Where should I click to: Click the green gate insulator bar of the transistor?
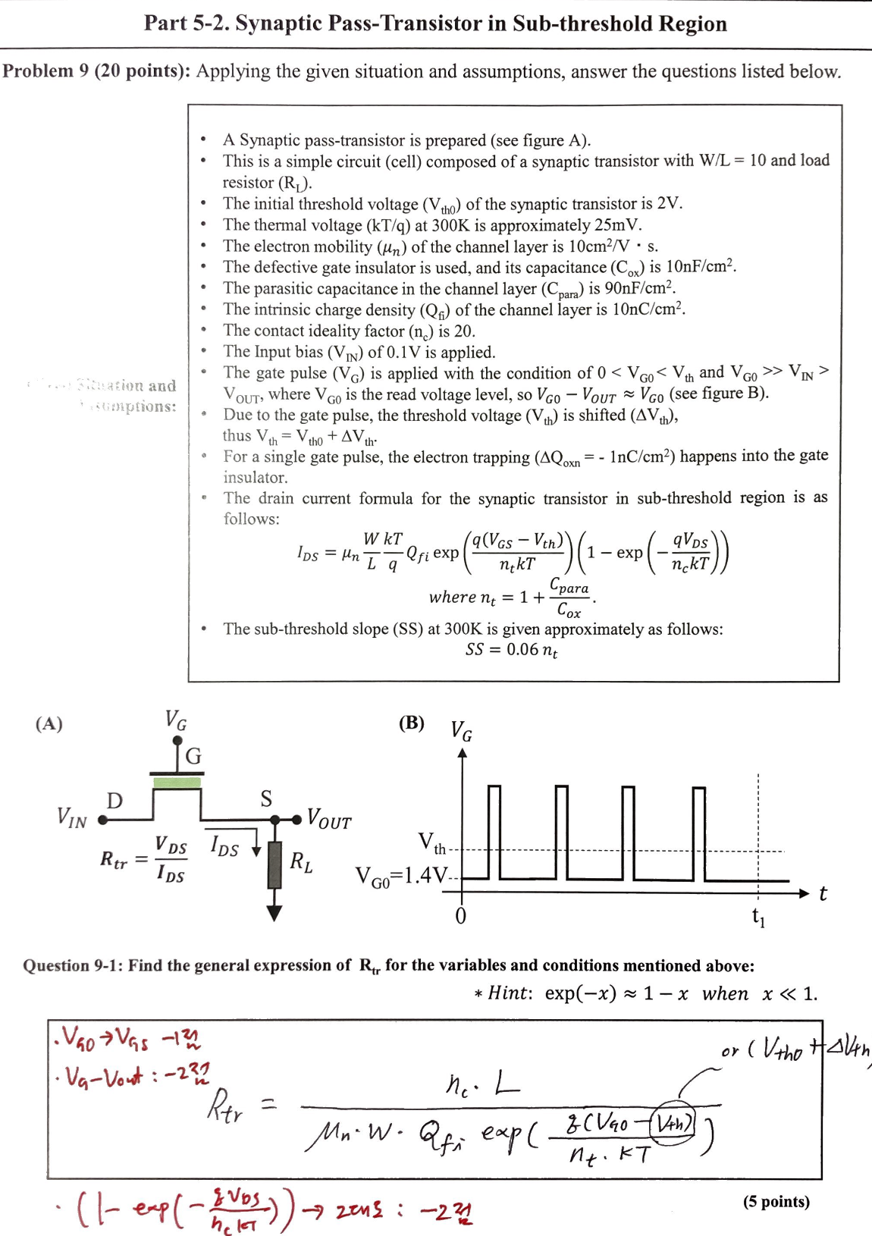pyautogui.click(x=177, y=782)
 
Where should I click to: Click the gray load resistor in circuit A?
pyautogui.click(x=274, y=864)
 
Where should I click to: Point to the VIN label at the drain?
pyautogui.click(x=72, y=817)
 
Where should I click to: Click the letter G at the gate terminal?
pyautogui.click(x=193, y=756)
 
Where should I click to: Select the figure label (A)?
pyautogui.click(x=49, y=723)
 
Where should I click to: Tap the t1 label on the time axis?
pyautogui.click(x=758, y=917)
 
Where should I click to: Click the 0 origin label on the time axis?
pyautogui.click(x=460, y=916)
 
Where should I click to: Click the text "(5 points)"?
pyautogui.click(x=776, y=1201)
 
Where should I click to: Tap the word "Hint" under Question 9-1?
pyautogui.click(x=510, y=993)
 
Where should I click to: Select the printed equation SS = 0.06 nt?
pyautogui.click(x=512, y=650)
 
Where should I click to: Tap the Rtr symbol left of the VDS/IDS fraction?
pyautogui.click(x=114, y=859)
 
